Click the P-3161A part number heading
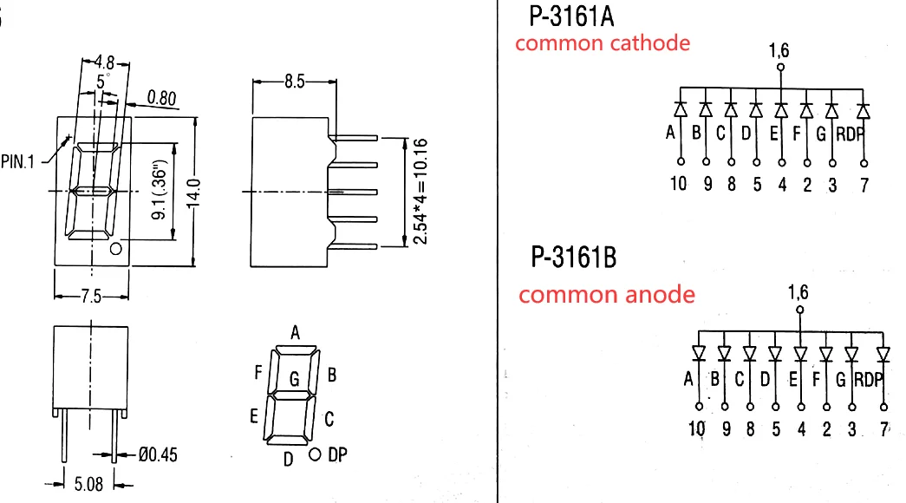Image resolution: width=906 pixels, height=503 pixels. point(571,16)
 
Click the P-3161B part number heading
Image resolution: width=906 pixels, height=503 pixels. point(574,258)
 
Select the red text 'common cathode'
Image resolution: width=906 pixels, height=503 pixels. point(603,43)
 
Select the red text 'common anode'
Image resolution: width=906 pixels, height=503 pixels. point(607,295)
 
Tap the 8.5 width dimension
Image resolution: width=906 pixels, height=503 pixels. point(294,82)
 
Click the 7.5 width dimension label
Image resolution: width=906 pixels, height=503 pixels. point(91,297)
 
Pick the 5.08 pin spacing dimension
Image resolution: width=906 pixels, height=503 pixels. point(88,484)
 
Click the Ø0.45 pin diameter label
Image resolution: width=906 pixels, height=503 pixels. point(158,455)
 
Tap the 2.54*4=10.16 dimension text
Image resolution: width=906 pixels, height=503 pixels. point(420,192)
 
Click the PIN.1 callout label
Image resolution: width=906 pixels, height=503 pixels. point(17,162)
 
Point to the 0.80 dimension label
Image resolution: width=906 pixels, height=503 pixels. point(161,98)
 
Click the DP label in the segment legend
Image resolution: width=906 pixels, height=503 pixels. point(337,455)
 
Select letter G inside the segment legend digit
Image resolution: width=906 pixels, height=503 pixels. point(294,379)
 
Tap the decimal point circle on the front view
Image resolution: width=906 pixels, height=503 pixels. point(116,249)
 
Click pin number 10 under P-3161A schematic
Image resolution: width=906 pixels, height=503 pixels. point(678,184)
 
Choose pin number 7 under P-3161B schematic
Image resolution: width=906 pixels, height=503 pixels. point(884,429)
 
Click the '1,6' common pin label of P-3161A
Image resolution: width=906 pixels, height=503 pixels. point(779,51)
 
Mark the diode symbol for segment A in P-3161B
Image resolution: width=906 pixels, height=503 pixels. point(699,352)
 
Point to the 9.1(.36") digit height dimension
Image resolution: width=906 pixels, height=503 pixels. point(159,190)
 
